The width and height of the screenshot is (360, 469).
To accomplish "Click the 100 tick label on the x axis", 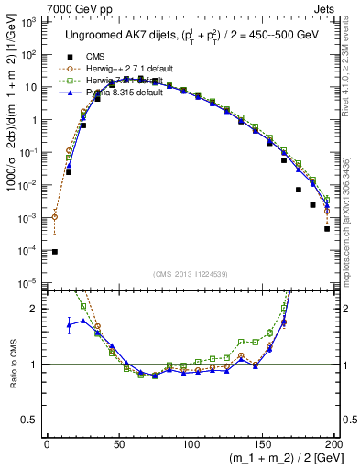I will pos(191,443).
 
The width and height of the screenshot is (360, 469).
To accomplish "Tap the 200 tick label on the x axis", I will pos(334,443).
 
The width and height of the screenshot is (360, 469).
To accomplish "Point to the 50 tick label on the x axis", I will pos(119,443).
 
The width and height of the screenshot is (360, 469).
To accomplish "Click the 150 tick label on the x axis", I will pos(262,443).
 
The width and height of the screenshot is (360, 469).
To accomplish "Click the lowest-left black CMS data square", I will pos(54,252).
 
